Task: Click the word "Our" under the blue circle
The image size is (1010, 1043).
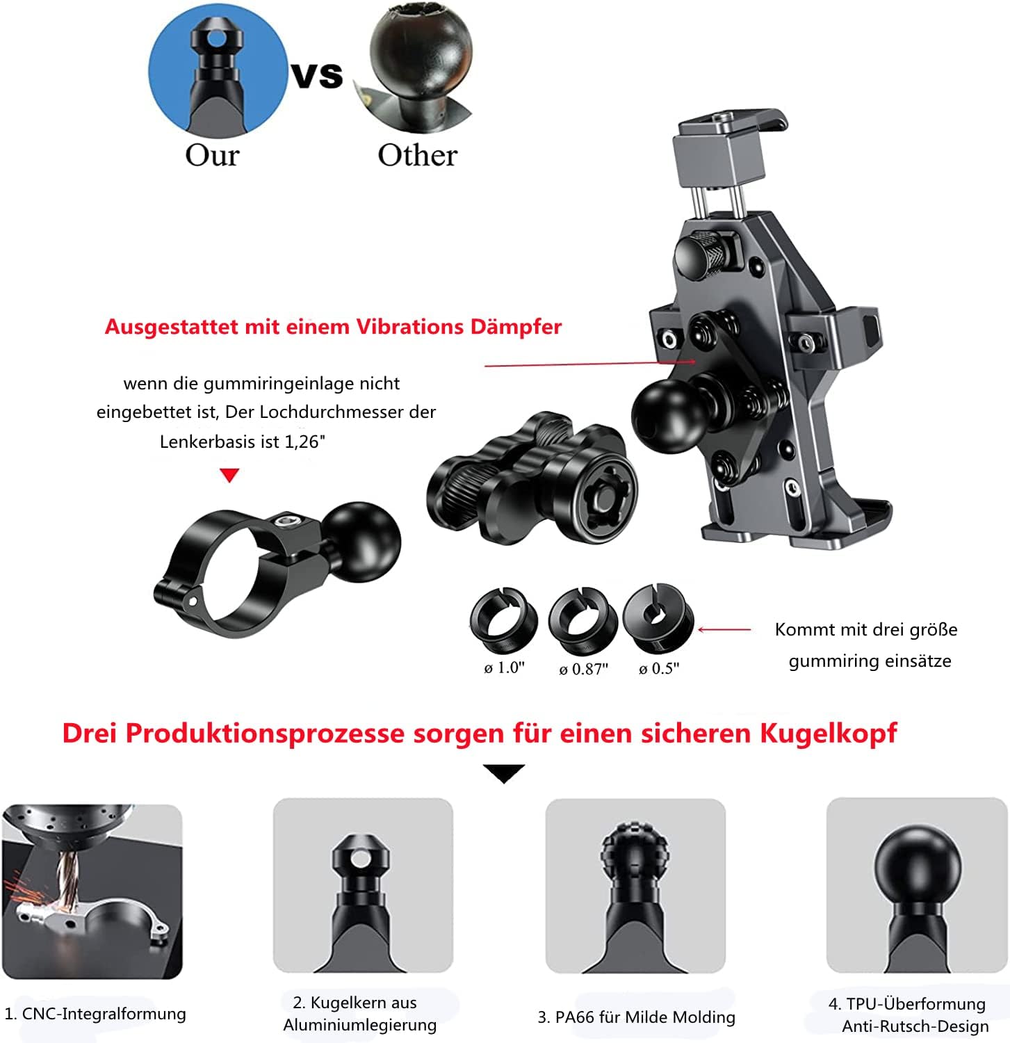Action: pos(212,155)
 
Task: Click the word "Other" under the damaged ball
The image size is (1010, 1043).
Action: pos(417,155)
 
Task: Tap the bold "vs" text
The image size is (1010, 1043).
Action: pos(317,75)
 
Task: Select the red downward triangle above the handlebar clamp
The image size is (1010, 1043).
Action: pos(229,476)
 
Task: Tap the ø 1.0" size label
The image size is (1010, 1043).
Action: pos(504,668)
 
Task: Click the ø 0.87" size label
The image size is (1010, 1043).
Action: pos(583,669)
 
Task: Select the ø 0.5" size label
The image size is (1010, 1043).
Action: pos(659,668)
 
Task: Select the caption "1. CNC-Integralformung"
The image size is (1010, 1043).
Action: pos(95,1014)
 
